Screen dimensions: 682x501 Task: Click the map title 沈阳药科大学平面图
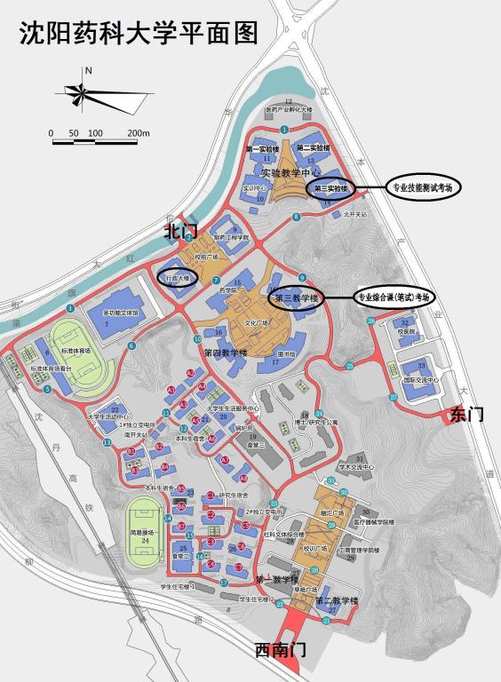coord(139,33)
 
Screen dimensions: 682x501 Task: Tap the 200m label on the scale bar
coord(138,133)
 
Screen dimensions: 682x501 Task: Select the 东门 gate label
coord(467,413)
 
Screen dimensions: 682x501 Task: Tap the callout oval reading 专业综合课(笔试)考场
coord(395,297)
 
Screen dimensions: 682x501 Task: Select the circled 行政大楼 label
coord(178,278)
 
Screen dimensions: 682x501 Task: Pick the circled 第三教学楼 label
coord(297,297)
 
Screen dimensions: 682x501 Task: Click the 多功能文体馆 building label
coord(122,313)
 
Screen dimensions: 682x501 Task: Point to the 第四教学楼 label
coord(225,353)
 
